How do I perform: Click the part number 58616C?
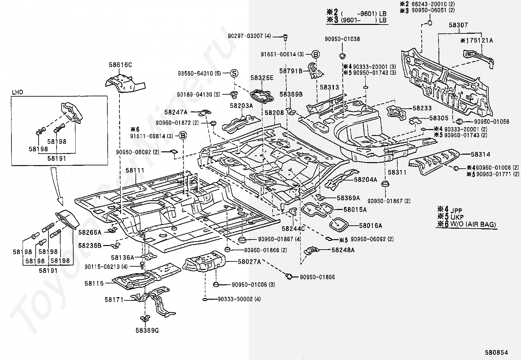click(120, 65)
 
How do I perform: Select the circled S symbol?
click(234, 73)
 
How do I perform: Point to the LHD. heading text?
click(18, 92)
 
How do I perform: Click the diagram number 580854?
click(496, 352)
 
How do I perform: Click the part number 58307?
click(458, 25)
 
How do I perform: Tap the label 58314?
click(481, 154)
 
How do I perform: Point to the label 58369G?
click(147, 331)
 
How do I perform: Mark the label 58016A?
click(370, 226)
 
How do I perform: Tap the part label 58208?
click(274, 113)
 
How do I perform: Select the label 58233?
click(422, 108)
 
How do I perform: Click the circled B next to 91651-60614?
click(315, 54)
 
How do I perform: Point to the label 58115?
click(94, 283)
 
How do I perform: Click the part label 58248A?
click(343, 250)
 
